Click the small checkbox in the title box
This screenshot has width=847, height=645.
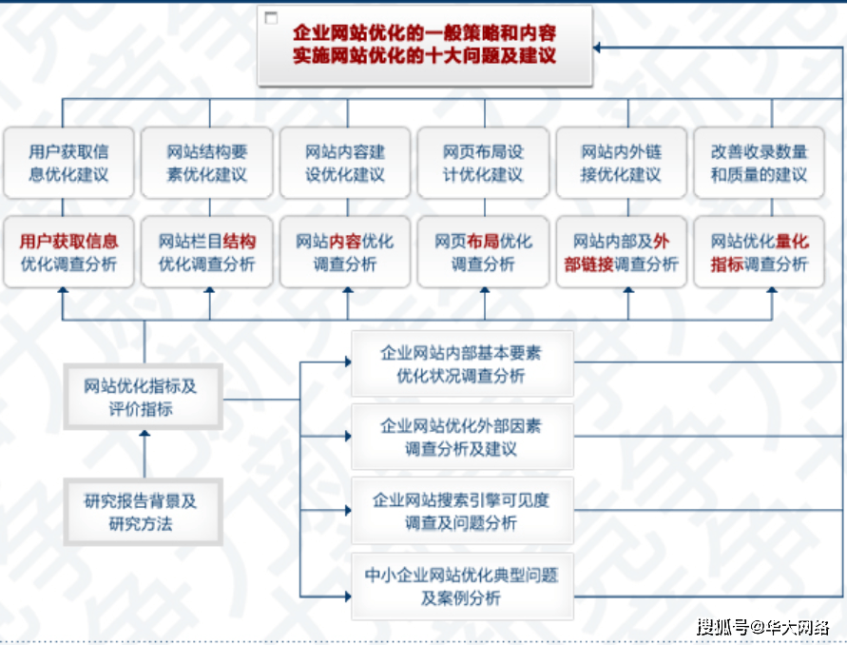pyautogui.click(x=272, y=18)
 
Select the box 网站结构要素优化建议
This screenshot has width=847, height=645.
pyautogui.click(x=207, y=163)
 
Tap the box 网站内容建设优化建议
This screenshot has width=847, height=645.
pyautogui.click(x=345, y=163)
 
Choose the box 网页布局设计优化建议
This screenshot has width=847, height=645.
pyautogui.click(x=483, y=163)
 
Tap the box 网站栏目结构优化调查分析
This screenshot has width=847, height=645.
pyautogui.click(x=207, y=253)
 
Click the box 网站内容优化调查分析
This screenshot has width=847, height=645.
pyautogui.click(x=345, y=253)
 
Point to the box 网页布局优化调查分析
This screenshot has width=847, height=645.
pyautogui.click(x=483, y=253)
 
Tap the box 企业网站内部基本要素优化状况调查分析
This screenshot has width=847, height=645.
pyautogui.click(x=461, y=363)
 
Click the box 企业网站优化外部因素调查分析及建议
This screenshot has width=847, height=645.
pyautogui.click(x=461, y=437)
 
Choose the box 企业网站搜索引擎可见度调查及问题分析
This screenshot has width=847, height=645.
pyautogui.click(x=461, y=511)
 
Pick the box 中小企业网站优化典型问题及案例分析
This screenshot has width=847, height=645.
pyautogui.click(x=461, y=586)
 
